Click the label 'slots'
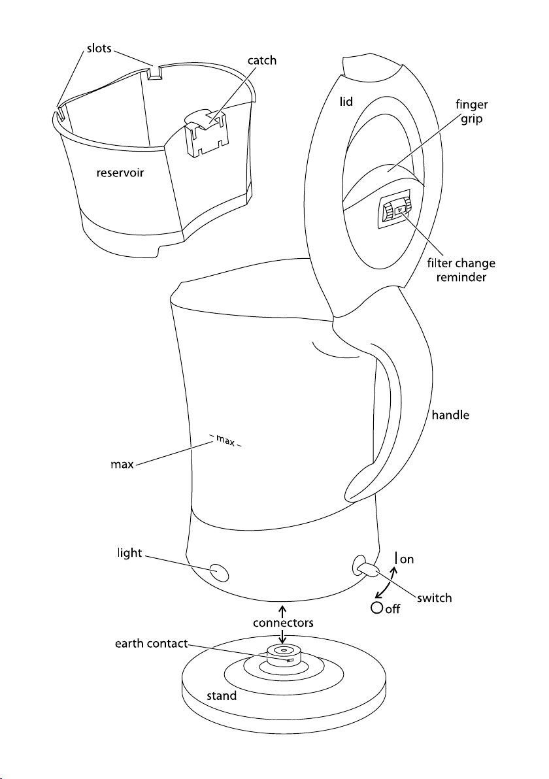(99, 48)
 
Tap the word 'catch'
(262, 61)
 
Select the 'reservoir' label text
(120, 173)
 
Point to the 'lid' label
(346, 102)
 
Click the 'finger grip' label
(471, 112)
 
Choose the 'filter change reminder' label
(461, 271)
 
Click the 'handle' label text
(450, 415)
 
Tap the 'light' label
(129, 554)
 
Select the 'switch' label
(434, 598)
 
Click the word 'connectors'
(283, 623)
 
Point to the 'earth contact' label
(152, 644)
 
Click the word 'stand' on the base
(222, 696)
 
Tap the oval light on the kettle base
(219, 572)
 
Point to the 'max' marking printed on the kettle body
(225, 440)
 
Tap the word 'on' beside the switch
(407, 560)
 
